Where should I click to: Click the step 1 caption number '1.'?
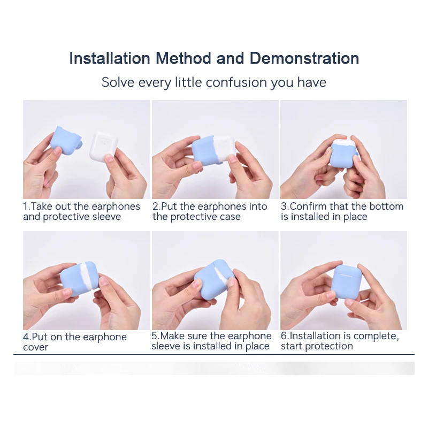[27, 207]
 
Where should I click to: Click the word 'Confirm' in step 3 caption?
[309, 207]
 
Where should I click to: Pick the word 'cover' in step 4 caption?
[35, 347]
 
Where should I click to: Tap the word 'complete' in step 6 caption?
[377, 336]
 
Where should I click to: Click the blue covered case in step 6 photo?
[346, 283]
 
